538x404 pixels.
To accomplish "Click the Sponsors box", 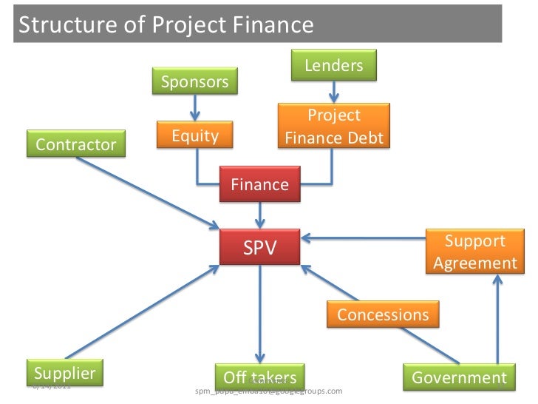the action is tap(195, 81).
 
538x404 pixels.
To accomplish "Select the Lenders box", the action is tap(334, 65).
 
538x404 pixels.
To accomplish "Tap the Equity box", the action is tap(195, 136).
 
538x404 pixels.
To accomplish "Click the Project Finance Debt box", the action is tap(333, 127).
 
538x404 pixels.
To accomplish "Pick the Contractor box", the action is tap(76, 144).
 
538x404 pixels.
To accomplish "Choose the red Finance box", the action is tap(260, 184).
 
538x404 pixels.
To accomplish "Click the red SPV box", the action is tap(260, 248).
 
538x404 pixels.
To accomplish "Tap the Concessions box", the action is tap(383, 314).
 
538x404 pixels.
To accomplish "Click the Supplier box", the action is tap(65, 373).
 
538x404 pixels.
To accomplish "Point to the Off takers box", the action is tap(259, 377).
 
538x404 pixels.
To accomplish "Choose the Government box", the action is tap(459, 377).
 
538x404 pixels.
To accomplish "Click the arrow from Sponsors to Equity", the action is tap(195, 108).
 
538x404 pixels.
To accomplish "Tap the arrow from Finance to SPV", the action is tap(260, 215).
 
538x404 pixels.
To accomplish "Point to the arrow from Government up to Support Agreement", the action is tap(497, 318).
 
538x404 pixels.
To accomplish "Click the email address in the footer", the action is tap(268, 391).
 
